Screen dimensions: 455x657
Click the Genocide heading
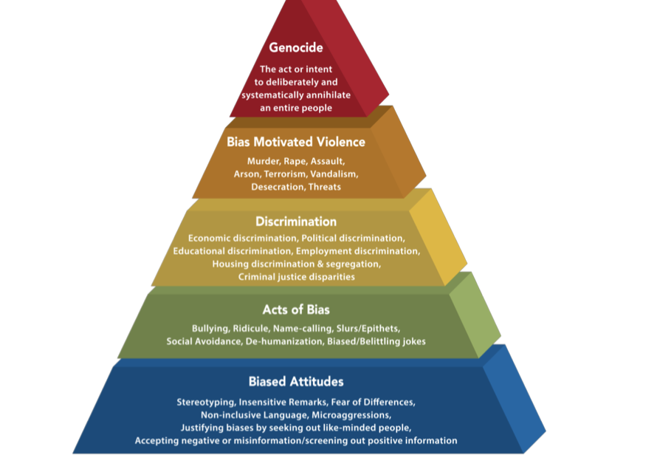click(x=296, y=49)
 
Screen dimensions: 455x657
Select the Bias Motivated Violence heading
click(x=296, y=142)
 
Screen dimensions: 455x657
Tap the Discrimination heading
click(x=296, y=222)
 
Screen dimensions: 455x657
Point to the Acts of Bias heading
click(x=296, y=309)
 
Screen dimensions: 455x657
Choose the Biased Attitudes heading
click(x=296, y=382)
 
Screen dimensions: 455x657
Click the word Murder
click(x=264, y=160)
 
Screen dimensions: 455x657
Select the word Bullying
click(x=210, y=327)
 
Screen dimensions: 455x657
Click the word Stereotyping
click(x=206, y=402)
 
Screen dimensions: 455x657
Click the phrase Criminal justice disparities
click(x=296, y=277)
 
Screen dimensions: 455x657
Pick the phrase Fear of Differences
click(x=374, y=402)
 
